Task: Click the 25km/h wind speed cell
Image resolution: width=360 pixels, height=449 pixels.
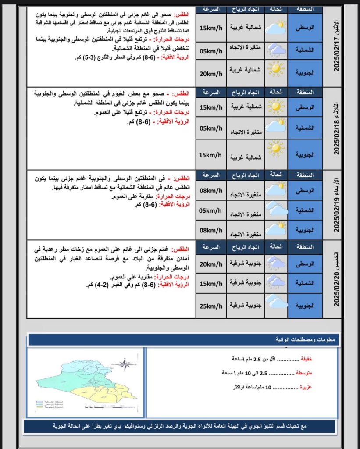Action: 211,304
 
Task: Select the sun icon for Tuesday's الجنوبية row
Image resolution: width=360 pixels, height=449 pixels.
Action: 276,148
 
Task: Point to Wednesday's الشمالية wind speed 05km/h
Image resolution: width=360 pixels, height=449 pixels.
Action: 211,210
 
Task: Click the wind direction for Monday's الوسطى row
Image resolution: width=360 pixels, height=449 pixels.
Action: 245,27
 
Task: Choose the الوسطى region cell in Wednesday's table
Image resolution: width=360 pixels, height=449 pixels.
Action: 305,191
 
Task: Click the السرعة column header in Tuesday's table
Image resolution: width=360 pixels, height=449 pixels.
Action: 211,92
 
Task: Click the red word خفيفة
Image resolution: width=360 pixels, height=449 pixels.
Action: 306,359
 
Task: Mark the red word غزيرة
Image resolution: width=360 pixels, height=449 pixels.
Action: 306,387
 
